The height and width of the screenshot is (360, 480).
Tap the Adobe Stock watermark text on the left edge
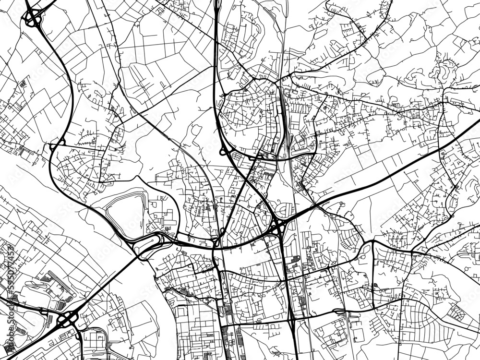click(10, 331)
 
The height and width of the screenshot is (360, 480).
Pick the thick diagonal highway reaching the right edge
click(408, 163)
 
